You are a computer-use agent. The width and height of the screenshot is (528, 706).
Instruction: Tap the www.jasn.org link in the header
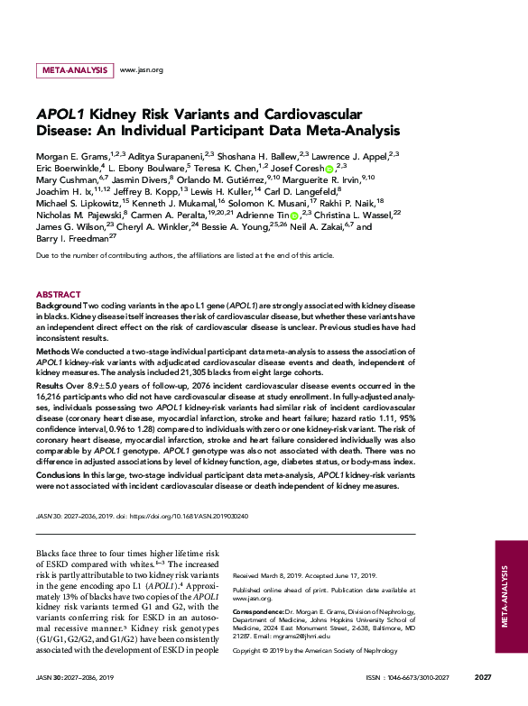pos(141,69)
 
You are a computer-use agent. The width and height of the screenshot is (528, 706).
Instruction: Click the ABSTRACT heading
pos(58,295)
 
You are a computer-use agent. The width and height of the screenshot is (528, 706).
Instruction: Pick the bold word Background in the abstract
pos(57,307)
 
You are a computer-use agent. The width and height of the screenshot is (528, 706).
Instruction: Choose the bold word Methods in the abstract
pos(52,349)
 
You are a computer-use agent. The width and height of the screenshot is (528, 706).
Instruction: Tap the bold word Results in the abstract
pos(51,381)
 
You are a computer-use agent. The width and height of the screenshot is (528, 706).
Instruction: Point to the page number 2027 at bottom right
pos(482,676)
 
